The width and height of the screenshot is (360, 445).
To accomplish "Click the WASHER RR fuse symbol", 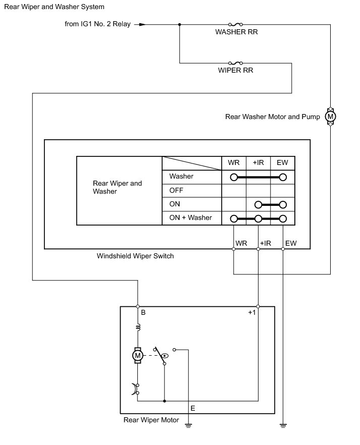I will point(235,24).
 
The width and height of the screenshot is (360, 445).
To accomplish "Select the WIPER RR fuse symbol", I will point(235,63).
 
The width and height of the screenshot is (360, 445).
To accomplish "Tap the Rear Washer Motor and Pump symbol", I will point(331,117).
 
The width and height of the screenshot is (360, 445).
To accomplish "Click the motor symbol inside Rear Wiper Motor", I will point(137,356).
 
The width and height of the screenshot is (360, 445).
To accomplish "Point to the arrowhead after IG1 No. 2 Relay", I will point(142,24).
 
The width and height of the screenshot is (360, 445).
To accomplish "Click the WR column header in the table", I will point(234,163).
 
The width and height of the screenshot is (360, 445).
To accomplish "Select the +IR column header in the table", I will point(258,163).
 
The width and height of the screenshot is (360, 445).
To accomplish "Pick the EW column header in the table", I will point(282,163).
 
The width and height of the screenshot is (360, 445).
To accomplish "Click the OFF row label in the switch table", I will point(176,191).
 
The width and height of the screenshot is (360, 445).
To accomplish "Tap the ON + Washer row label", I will point(191,218).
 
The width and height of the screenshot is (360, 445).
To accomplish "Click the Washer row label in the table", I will point(181,177).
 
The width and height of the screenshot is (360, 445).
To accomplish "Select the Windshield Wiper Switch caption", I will point(135,256).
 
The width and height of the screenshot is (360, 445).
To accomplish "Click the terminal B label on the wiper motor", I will point(143,313).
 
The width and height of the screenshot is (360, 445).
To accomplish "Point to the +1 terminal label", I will point(252,313).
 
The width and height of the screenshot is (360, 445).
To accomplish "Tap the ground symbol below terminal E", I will point(188,425).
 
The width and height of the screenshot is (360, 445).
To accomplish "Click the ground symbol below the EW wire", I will point(283,425).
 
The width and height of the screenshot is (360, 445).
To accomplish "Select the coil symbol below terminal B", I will point(137,328).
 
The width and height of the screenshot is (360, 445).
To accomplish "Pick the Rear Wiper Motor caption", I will point(151,420).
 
